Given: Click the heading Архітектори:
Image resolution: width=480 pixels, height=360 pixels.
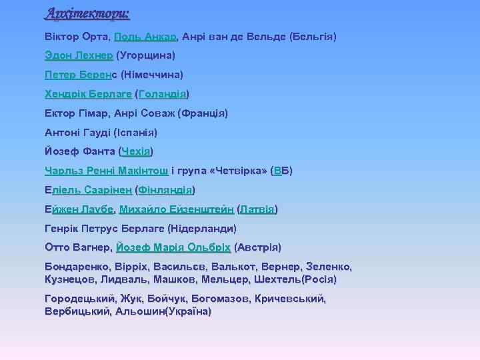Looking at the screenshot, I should tap(87, 13).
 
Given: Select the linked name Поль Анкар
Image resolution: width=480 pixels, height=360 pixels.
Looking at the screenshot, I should tap(145, 36).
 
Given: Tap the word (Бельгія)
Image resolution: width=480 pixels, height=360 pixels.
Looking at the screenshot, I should tap(313, 36).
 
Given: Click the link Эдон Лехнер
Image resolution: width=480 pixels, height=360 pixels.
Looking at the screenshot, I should tap(79, 55).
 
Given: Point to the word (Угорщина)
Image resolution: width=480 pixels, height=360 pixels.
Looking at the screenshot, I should tap(146, 55).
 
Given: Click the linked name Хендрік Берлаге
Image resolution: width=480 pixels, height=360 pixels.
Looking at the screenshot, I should tap(88, 94).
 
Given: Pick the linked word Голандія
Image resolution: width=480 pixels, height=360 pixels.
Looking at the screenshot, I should tap(163, 94).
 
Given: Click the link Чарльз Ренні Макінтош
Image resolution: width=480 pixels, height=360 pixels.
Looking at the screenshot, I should tap(106, 171).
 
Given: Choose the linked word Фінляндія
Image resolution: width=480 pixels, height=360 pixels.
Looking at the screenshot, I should tap(165, 190).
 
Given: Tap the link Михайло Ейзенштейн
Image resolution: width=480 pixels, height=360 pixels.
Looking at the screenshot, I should tap(177, 209).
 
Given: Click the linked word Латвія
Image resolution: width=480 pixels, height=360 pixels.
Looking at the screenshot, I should tap(257, 209).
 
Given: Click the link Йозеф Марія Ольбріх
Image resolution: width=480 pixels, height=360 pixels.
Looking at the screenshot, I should tap(173, 248).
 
